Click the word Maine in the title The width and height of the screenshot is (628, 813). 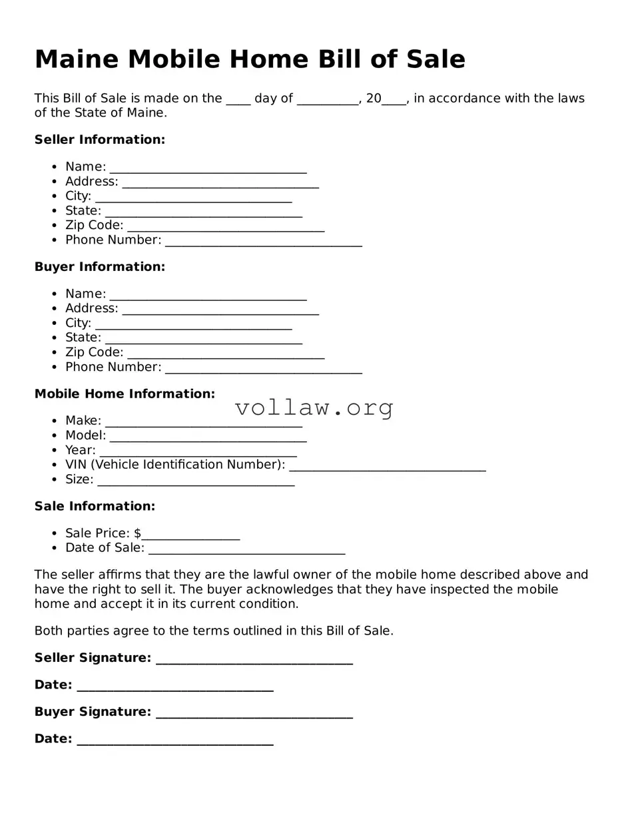point(76,59)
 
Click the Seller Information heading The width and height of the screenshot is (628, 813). point(99,140)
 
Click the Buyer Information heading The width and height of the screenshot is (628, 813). point(99,267)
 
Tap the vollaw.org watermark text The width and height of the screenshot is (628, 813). point(314,407)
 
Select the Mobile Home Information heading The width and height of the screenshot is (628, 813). point(125,394)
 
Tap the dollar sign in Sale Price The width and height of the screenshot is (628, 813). point(137,533)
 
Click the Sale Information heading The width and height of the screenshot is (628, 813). point(95,507)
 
